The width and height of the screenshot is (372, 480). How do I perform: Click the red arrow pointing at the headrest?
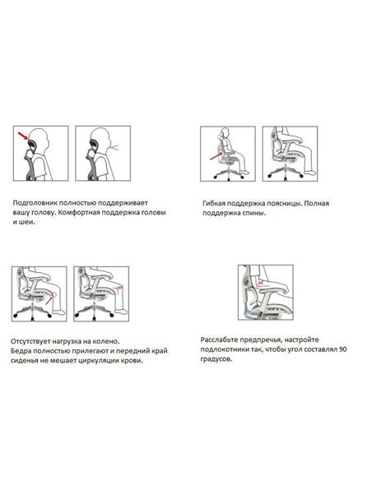pyautogui.click(x=23, y=136)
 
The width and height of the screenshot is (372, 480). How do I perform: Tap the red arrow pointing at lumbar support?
pyautogui.click(x=216, y=156)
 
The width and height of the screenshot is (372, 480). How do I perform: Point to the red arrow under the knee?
pyautogui.click(x=49, y=300)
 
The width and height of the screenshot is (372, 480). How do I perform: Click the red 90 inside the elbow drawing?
pyautogui.click(x=260, y=283)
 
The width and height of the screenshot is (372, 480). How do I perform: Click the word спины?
pyautogui.click(x=254, y=213)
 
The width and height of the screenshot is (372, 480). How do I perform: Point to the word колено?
pyautogui.click(x=106, y=341)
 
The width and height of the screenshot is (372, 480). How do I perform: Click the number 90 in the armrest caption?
pyautogui.click(x=343, y=349)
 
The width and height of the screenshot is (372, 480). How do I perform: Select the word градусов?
pyautogui.click(x=216, y=359)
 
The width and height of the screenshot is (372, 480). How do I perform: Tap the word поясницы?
pyautogui.click(x=283, y=203)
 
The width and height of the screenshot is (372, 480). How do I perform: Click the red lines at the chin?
pyautogui.click(x=114, y=147)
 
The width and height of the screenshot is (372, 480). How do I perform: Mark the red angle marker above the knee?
pyautogui.click(x=119, y=288)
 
